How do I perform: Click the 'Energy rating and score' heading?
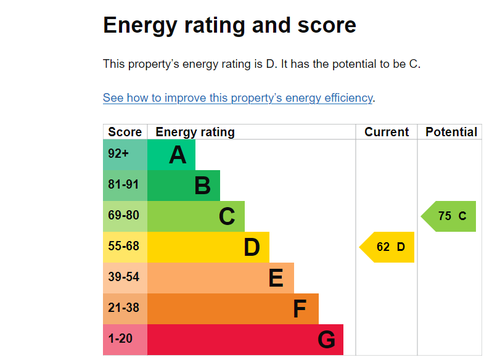click(x=229, y=26)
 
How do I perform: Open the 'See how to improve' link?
click(x=237, y=98)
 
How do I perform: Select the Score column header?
click(x=125, y=132)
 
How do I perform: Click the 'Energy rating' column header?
click(x=195, y=132)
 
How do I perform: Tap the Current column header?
click(x=387, y=132)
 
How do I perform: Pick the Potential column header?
click(x=451, y=132)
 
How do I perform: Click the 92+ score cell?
click(x=118, y=154)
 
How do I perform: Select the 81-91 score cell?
click(x=123, y=185)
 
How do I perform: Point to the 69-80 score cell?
click(x=123, y=216)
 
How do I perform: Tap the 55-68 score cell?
click(x=123, y=247)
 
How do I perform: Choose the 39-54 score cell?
click(x=123, y=277)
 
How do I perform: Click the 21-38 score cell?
click(x=123, y=308)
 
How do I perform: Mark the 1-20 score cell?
click(x=120, y=339)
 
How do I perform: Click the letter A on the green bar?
click(x=178, y=155)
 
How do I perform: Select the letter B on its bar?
click(x=202, y=186)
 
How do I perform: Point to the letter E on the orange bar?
click(x=276, y=279)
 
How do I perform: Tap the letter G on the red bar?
click(x=326, y=340)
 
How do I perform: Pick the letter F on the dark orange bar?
click(x=300, y=309)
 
